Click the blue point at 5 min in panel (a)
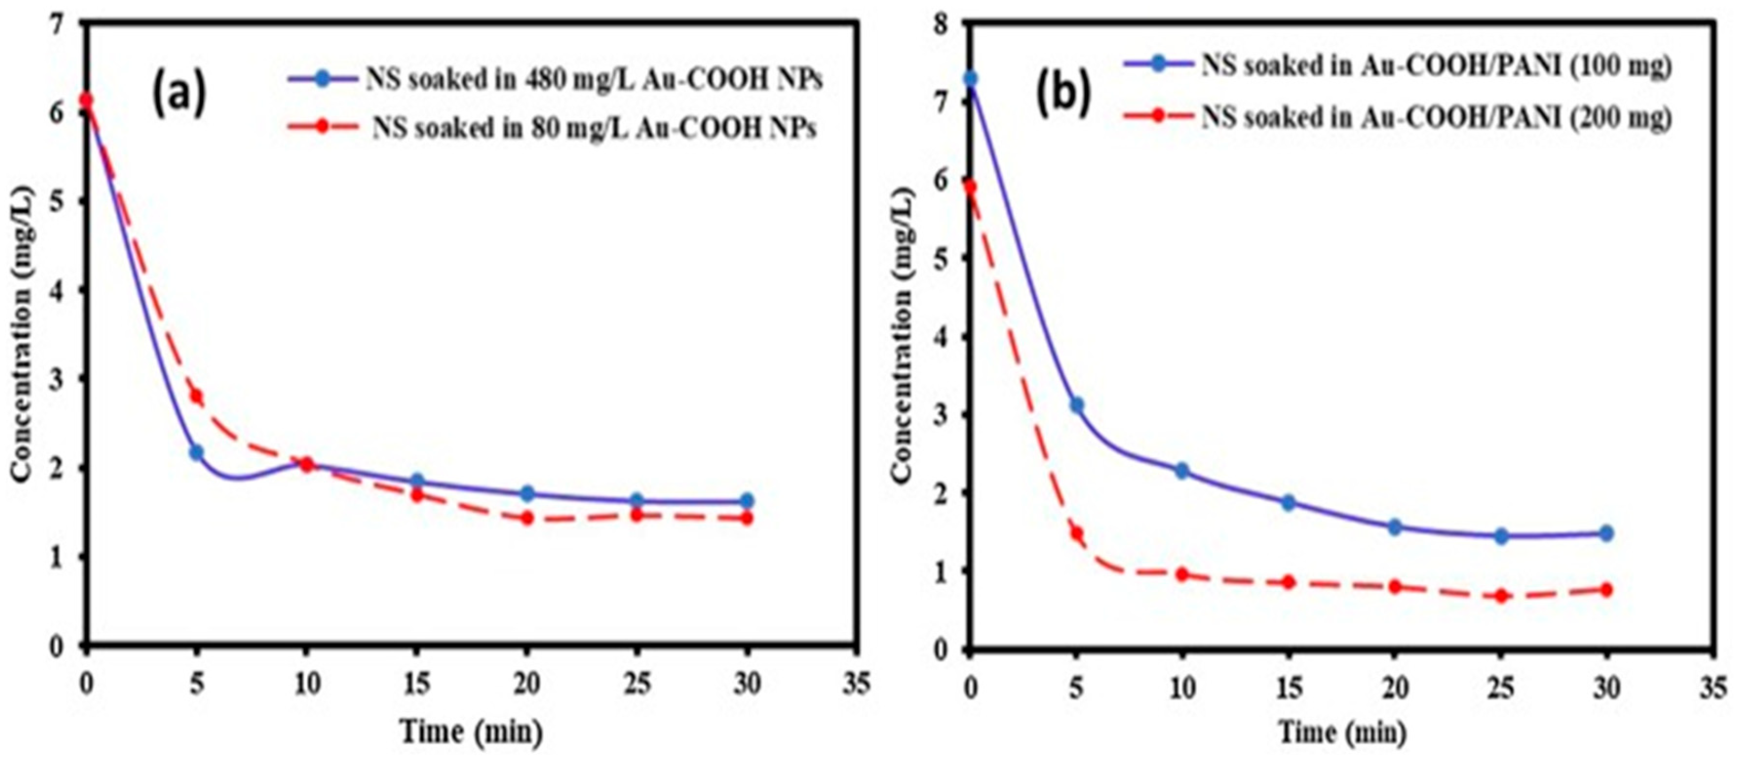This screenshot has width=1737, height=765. point(196,452)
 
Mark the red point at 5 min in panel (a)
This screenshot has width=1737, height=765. point(196,396)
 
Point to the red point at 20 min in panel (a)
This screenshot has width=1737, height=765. point(527,518)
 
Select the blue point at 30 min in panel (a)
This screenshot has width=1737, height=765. point(746,501)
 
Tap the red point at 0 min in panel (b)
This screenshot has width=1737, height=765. point(969,188)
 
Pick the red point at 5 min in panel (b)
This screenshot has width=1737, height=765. point(1076,534)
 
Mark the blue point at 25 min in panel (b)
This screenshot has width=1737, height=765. point(1501,536)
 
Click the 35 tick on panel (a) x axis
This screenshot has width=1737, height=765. point(857,685)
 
